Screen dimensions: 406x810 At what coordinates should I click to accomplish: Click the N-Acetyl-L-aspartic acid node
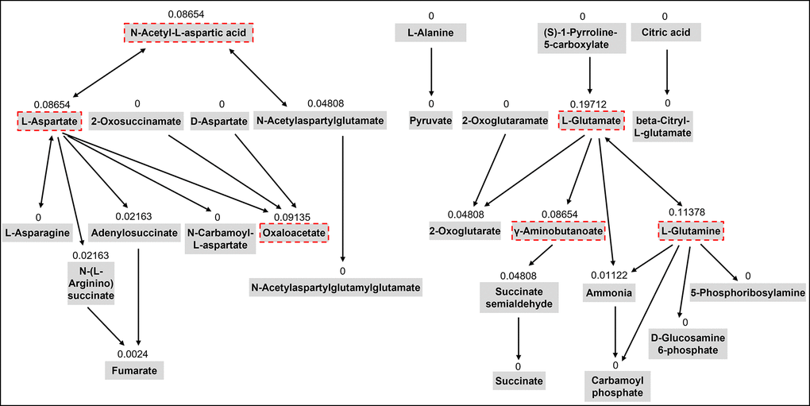pyautogui.click(x=189, y=33)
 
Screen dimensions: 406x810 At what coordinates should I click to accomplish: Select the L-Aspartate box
pyautogui.click(x=49, y=121)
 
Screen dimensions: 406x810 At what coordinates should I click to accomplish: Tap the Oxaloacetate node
pyautogui.click(x=294, y=232)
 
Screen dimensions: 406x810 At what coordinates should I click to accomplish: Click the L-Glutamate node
pyautogui.click(x=591, y=121)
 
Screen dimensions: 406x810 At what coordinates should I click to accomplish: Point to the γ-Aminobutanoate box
pyautogui.click(x=559, y=231)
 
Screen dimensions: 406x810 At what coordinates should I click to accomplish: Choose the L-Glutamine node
pyautogui.click(x=692, y=231)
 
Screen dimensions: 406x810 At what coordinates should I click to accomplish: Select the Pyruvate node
pyautogui.click(x=430, y=121)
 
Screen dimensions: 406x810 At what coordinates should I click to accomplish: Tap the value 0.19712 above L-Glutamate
pyautogui.click(x=589, y=104)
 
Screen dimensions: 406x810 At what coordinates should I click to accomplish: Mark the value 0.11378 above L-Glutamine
pyautogui.click(x=691, y=214)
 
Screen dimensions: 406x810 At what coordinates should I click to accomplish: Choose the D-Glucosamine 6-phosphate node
pyautogui.click(x=684, y=344)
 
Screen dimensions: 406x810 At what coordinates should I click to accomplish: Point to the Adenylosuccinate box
pyautogui.click(x=133, y=232)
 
